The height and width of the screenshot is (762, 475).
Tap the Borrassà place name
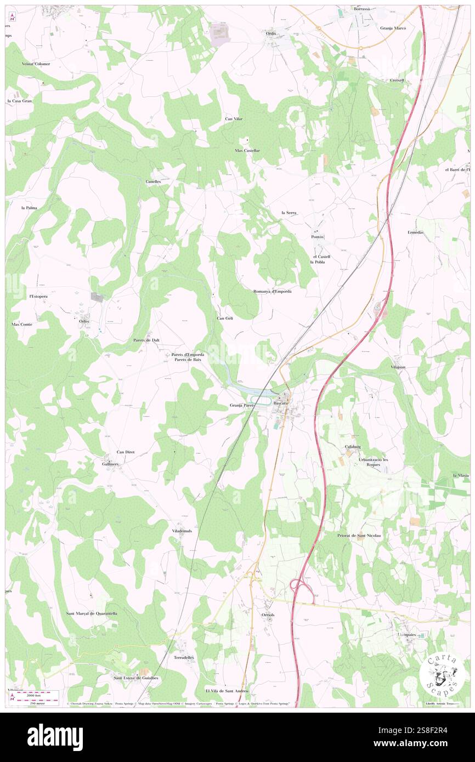(361, 9)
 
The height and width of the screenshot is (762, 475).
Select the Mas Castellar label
(247, 150)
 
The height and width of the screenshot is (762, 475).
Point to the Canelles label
(153, 181)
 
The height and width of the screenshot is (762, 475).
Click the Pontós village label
(318, 237)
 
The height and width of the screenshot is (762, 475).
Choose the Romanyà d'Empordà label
(272, 291)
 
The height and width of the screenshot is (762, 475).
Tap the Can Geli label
(225, 318)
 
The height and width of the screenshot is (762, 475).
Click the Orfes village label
(84, 321)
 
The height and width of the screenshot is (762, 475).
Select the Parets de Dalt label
(147, 340)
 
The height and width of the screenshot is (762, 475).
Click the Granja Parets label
(242, 405)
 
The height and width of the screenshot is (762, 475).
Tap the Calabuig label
(354, 447)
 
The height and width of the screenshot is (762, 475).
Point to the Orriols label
(268, 615)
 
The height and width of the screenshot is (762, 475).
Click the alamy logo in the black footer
(55, 737)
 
